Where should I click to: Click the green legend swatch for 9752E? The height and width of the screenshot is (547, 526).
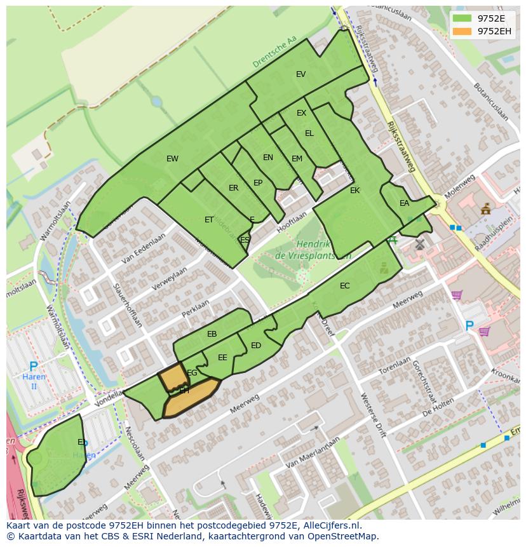(x=462, y=18)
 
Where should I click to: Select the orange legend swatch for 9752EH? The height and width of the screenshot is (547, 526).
(x=462, y=31)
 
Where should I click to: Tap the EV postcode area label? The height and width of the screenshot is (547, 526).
(x=301, y=74)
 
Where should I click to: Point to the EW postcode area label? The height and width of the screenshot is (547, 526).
(x=172, y=159)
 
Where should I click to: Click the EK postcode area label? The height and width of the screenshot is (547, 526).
(x=354, y=191)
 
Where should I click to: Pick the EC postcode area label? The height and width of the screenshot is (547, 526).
(x=344, y=286)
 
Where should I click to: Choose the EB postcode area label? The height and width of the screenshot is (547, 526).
(x=212, y=334)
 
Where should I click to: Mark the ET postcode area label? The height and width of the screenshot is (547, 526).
(x=209, y=220)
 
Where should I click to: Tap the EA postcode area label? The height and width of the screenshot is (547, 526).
(x=405, y=204)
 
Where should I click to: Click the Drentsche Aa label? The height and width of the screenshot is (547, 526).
(x=274, y=52)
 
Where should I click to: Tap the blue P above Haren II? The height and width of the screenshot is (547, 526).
(x=34, y=367)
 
